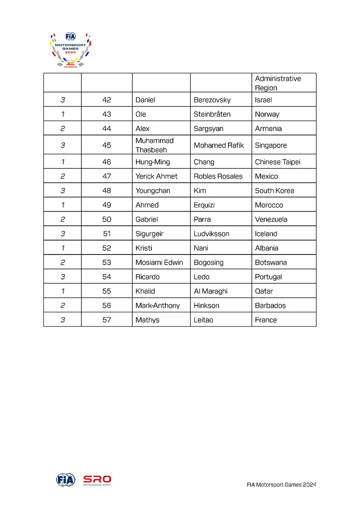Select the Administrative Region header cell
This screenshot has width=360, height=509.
278,83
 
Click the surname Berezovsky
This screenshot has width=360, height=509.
212,100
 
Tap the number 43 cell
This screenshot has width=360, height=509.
106,114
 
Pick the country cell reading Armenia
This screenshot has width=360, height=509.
268,129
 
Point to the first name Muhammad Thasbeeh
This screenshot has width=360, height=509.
154,145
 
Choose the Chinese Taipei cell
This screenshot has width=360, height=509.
277,162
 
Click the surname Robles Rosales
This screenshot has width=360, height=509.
218,176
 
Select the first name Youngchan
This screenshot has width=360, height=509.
153,191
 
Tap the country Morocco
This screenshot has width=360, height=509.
269,205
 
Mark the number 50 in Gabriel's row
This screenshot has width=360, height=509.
106,219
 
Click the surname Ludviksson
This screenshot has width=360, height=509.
211,234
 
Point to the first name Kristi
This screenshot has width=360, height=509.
144,248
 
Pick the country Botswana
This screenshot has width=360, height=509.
271,263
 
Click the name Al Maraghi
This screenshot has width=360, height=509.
210,291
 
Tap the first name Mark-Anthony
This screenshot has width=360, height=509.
157,306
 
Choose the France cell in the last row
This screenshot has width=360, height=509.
266,320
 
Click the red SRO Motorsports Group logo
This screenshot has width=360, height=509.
97,480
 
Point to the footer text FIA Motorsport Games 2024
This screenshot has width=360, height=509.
281,485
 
